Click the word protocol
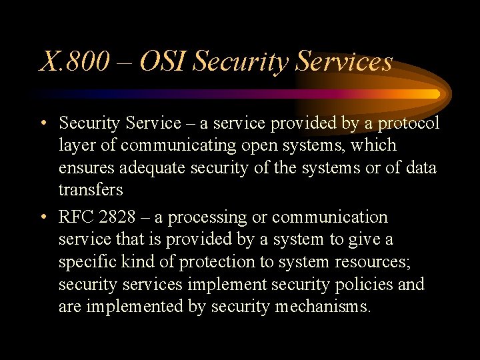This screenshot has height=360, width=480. point(407,123)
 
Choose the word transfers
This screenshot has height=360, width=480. point(91,190)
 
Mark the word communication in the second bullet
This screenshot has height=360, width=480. point(329,217)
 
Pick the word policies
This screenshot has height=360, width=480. point(364,285)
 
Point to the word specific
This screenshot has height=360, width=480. point(87,262)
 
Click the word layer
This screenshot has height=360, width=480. point(75,145)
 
